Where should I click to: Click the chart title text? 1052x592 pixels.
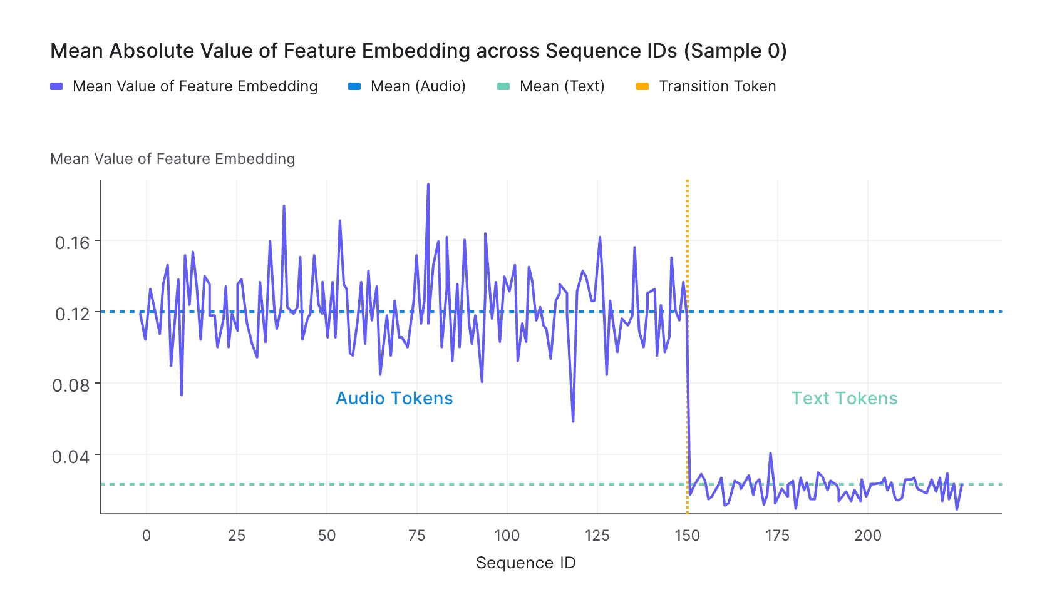418,51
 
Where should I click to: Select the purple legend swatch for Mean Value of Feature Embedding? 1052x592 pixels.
56,86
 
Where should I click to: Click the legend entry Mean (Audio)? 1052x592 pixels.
418,86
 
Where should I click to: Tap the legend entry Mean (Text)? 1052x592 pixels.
562,86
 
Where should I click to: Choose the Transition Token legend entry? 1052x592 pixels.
717,86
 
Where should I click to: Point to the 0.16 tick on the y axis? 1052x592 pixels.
73,242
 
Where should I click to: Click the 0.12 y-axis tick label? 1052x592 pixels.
73,314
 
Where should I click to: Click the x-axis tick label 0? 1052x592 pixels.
147,536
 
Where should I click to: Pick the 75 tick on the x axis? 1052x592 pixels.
417,536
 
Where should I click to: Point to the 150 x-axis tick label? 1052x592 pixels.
688,536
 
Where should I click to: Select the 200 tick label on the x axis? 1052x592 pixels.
868,536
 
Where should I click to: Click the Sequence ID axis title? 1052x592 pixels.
525,563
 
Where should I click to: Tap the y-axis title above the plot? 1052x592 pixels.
172,159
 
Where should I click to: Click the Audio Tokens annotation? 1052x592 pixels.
394,399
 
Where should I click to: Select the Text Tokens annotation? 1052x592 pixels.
844,399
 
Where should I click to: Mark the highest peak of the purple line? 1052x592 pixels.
428,185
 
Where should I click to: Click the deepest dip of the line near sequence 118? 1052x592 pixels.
573,421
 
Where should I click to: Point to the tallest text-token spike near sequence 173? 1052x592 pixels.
770,454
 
